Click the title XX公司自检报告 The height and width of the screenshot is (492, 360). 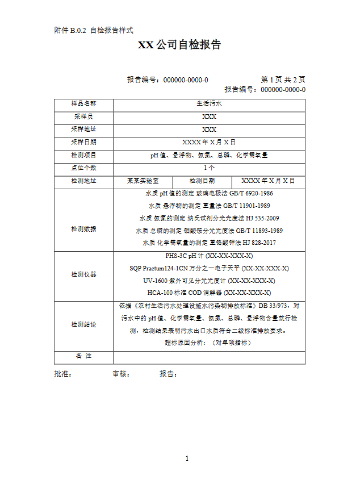point(179,45)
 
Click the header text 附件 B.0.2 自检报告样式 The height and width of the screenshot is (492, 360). point(93,30)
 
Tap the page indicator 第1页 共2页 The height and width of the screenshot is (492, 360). point(283,80)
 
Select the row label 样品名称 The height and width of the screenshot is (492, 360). point(83,104)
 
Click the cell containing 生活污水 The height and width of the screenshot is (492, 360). point(209,104)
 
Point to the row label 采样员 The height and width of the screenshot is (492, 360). point(83,116)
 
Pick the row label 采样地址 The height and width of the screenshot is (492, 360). point(83,130)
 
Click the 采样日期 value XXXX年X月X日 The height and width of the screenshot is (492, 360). point(209,142)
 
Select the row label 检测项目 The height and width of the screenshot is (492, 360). point(83,155)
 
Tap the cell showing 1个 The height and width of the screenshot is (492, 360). point(209,168)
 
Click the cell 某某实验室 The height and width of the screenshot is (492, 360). point(143,181)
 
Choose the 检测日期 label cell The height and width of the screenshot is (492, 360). point(202,181)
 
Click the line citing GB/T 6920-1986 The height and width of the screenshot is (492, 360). point(209,193)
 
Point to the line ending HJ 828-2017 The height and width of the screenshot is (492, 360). point(209,243)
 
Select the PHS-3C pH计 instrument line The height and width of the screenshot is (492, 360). point(209,256)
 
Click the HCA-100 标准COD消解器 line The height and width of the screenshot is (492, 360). point(209,293)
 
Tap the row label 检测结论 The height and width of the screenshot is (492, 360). point(83,324)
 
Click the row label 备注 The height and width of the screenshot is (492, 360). point(83,356)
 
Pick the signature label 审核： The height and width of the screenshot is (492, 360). point(122,374)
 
